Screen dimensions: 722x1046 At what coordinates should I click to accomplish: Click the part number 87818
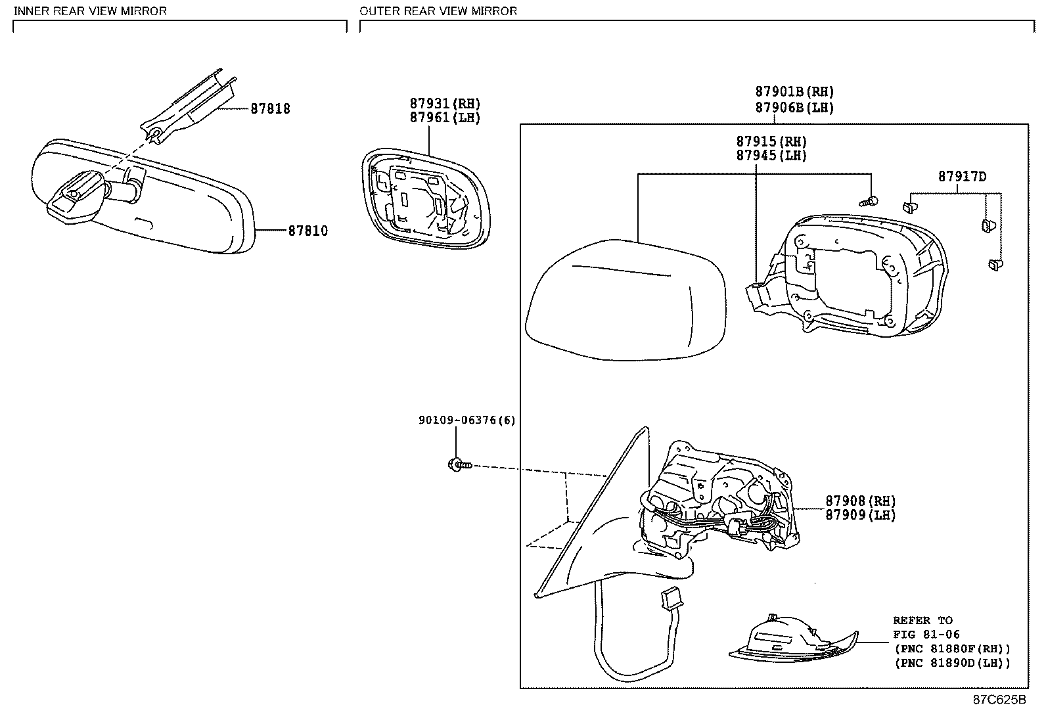point(270,109)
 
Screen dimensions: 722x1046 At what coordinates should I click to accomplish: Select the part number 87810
point(307,231)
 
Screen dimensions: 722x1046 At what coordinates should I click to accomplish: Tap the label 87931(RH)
point(445,104)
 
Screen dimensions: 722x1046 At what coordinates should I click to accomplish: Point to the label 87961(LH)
point(445,118)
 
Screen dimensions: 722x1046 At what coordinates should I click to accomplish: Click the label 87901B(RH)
point(794,93)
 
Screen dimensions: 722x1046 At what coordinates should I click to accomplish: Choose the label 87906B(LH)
point(794,108)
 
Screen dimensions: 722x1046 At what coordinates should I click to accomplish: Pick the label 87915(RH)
point(771,142)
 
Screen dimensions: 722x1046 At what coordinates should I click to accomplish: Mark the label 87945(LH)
point(771,156)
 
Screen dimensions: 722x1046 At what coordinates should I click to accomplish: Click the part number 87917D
point(962,177)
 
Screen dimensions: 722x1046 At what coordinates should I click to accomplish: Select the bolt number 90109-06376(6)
point(466,420)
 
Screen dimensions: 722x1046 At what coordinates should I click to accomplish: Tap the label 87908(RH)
point(861,501)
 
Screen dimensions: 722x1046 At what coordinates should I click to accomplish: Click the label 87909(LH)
point(861,516)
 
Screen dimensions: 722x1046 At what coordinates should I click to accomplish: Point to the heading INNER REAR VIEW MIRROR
point(90,11)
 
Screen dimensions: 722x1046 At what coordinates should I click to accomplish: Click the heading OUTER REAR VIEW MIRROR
point(438,11)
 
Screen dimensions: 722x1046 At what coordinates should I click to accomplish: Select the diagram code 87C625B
point(999,700)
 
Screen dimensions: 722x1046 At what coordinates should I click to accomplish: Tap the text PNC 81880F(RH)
point(952,649)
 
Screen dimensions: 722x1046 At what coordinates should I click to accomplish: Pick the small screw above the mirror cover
point(871,200)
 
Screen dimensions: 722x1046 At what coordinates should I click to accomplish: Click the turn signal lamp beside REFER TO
point(792,641)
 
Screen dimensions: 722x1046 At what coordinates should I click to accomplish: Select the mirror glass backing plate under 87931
point(426,200)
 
